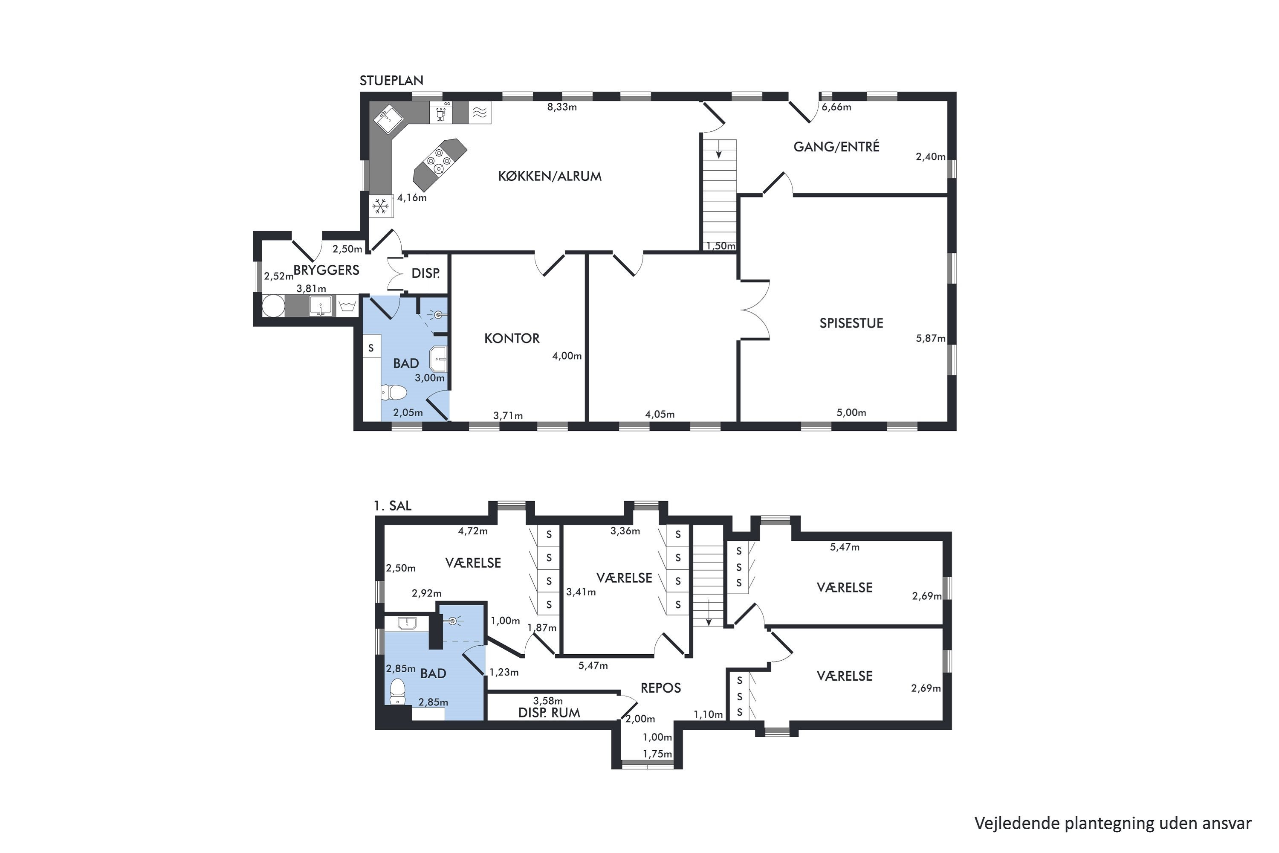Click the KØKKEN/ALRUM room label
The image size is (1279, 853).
tap(550, 176)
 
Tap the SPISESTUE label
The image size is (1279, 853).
tap(851, 323)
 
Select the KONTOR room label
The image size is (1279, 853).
tap(512, 338)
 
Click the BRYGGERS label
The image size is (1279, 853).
tap(326, 270)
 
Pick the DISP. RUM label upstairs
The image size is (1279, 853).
tap(549, 713)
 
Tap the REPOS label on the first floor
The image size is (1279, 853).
tap(661, 688)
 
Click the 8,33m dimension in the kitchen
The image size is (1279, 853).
tap(562, 107)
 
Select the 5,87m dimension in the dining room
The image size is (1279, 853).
tap(930, 338)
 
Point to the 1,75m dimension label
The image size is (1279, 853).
tap(657, 754)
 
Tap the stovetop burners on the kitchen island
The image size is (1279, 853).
tap(440, 161)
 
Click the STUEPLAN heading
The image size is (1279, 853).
tap(391, 81)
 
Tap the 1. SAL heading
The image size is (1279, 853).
tap(393, 506)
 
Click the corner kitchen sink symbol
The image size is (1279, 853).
tap(387, 119)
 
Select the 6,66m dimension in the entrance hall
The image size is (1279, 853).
tap(836, 107)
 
